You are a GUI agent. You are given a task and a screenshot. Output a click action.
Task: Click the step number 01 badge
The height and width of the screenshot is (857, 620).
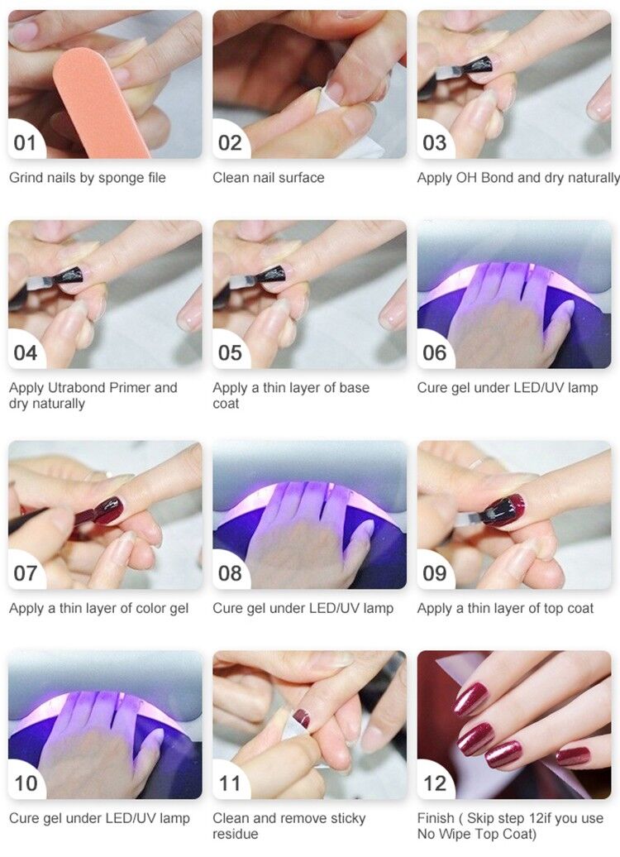(x=25, y=142)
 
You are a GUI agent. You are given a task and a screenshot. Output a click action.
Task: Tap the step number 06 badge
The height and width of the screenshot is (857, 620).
(x=434, y=352)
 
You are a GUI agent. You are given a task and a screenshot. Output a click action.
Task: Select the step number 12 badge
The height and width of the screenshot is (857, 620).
(x=434, y=783)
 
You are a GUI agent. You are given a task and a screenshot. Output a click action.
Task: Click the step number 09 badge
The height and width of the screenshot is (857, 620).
(x=434, y=573)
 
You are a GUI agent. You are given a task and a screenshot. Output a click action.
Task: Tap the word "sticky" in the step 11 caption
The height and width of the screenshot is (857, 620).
(x=347, y=819)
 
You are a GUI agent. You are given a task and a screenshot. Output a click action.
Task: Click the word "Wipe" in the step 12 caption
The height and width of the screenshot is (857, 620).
(x=452, y=834)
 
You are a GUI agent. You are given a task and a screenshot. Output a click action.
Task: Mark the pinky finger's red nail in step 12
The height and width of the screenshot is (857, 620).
(x=573, y=756)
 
